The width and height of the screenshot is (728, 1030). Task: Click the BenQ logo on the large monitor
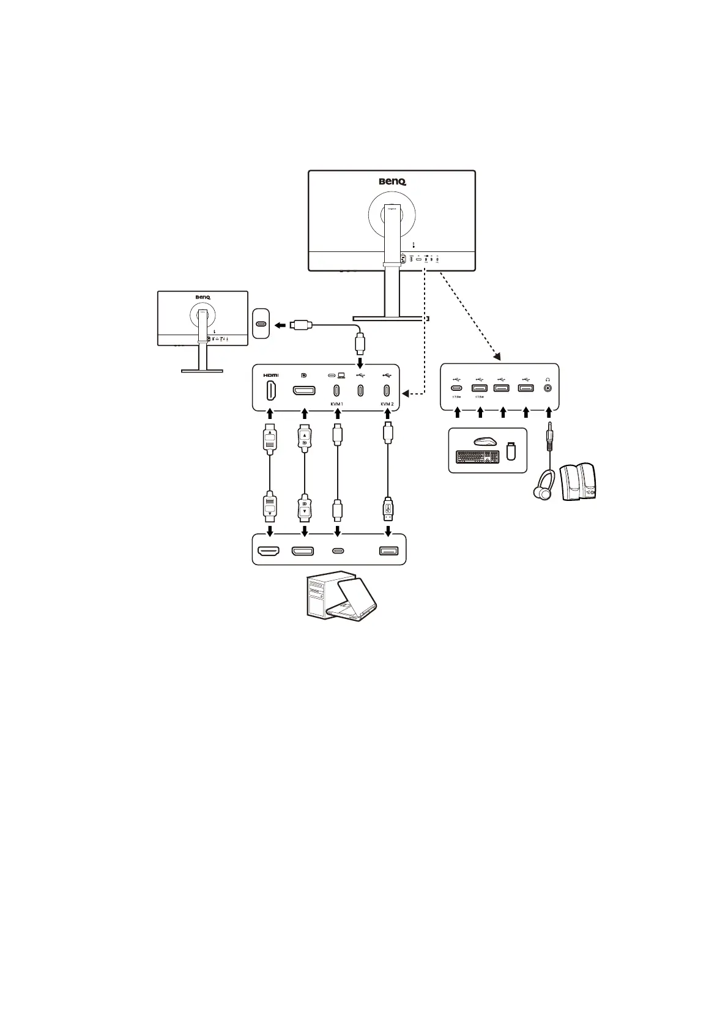[x=392, y=181]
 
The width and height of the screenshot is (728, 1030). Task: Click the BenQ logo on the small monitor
[x=203, y=298]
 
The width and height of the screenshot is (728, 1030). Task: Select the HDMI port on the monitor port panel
[x=270, y=390]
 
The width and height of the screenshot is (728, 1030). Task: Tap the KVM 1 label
[x=336, y=404]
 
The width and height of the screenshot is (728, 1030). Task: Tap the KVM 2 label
[x=387, y=404]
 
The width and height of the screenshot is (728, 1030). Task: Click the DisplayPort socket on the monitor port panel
[x=304, y=390]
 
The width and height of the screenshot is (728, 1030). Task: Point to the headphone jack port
[x=548, y=387]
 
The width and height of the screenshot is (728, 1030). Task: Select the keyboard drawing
[x=477, y=456]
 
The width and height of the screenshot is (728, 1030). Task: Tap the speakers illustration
[x=578, y=483]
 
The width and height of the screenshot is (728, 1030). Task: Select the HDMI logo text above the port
[x=270, y=375]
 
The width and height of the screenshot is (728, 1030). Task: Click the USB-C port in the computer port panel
[x=338, y=550]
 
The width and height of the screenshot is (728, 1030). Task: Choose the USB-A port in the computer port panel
[x=388, y=550]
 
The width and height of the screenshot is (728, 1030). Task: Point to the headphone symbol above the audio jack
[x=548, y=376]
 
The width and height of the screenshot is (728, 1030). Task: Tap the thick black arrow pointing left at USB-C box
[x=281, y=325]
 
